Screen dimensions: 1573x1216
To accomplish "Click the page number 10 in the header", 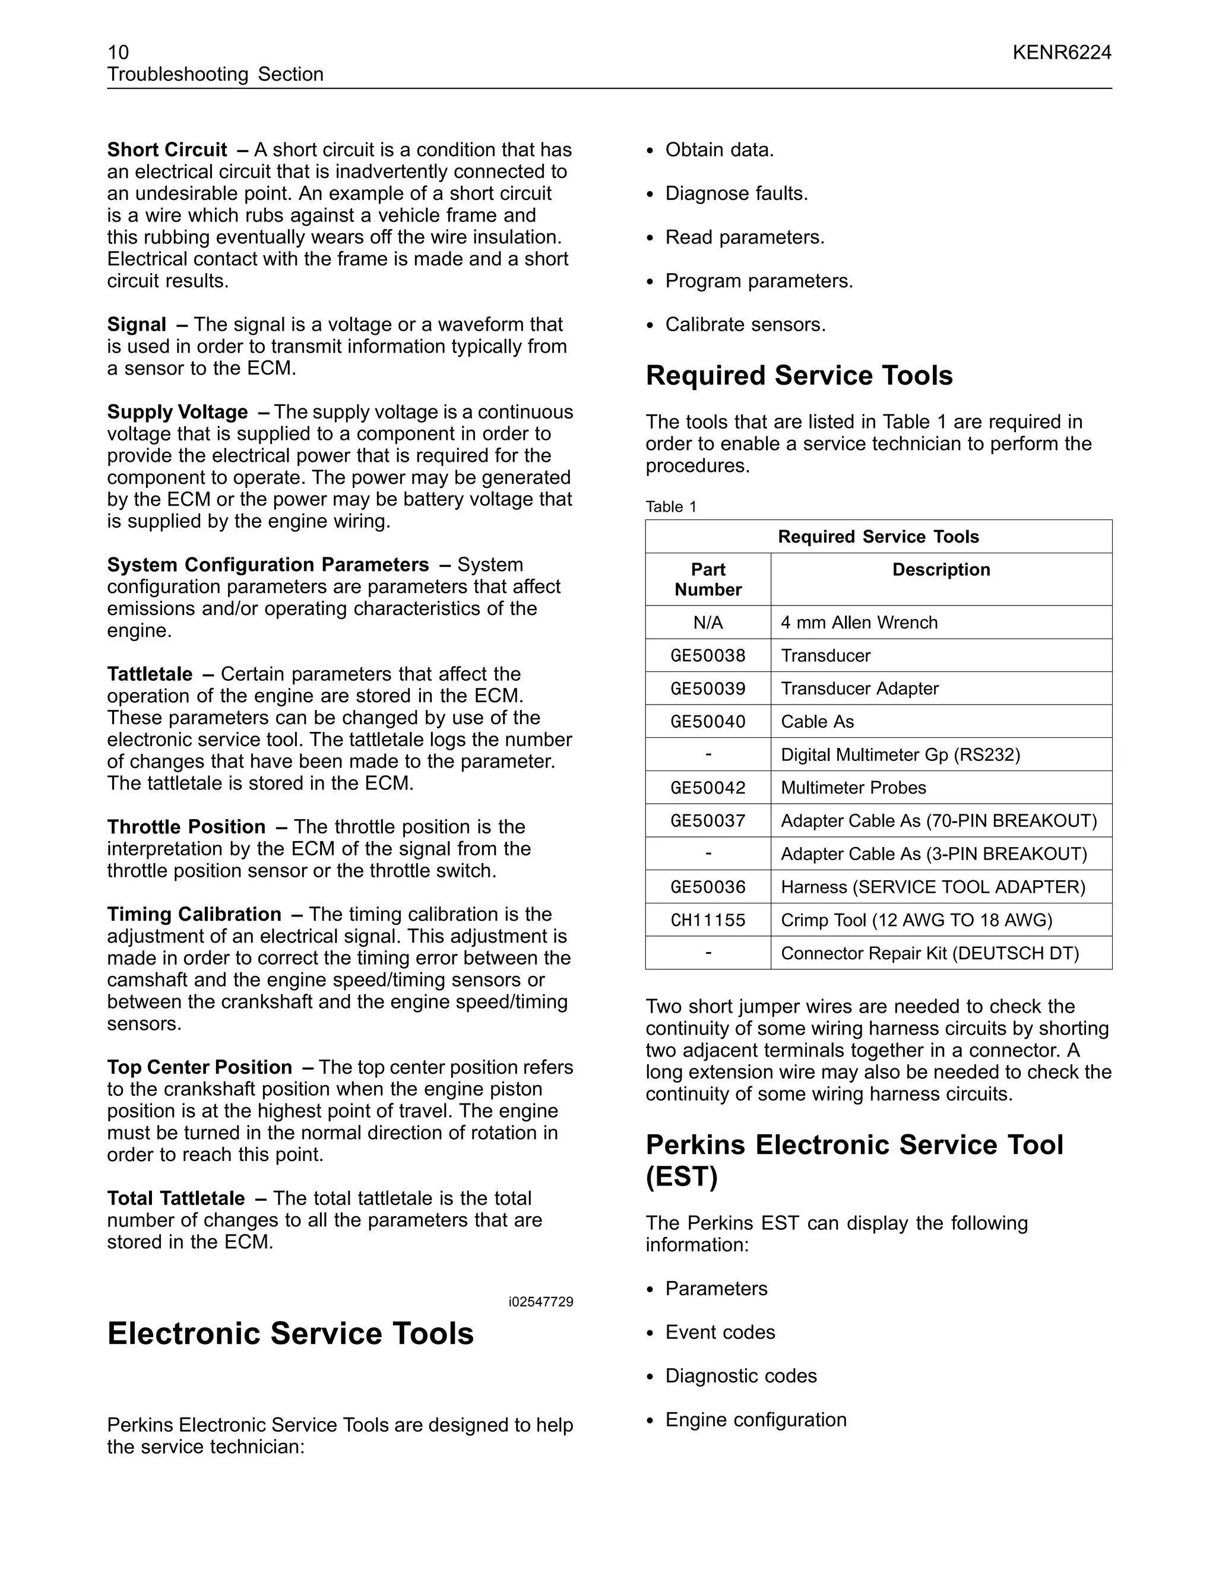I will coord(118,53).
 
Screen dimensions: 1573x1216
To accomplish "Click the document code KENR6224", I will coord(1061,53).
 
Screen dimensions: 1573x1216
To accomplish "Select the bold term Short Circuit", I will coord(167,150).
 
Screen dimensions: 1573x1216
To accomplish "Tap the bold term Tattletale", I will coord(150,674).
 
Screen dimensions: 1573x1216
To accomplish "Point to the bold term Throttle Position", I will coord(186,827).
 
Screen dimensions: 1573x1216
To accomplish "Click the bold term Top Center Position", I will coord(199,1067).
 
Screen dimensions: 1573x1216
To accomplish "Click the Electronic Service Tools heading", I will coord(290,1333).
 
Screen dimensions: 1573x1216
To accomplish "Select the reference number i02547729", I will coord(540,1302).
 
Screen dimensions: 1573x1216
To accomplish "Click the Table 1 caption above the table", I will coord(671,506).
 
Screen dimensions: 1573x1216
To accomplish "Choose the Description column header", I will coord(941,570).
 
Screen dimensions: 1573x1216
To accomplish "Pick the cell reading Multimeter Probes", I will coord(853,788).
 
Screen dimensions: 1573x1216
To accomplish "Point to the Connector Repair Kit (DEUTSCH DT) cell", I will coord(929,954).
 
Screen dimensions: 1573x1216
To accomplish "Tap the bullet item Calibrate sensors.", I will coord(745,325).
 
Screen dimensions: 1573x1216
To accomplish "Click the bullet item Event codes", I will coord(720,1333).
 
